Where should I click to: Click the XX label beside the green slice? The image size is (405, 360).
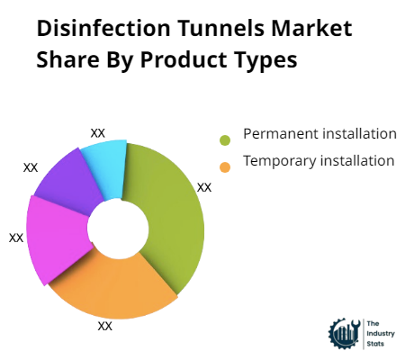point(204,187)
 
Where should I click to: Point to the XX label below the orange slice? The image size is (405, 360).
point(104,326)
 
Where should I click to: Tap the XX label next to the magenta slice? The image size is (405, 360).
point(16,238)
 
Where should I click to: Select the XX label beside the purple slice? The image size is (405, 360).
point(31,167)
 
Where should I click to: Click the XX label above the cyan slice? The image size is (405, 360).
point(98,132)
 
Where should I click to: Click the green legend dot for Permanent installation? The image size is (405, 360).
point(225,139)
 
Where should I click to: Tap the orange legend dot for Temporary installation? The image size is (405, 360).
point(225,166)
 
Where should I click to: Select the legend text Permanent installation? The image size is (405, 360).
point(320,134)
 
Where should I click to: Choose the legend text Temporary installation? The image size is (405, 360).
point(319,161)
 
